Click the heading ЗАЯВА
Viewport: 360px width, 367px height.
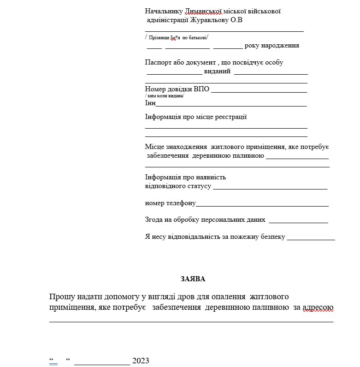coord(193,278)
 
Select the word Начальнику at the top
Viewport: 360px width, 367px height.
coord(164,11)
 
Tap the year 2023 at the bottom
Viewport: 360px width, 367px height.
coord(141,361)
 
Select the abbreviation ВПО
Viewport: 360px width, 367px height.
coord(201,89)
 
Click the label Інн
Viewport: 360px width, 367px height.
coord(150,103)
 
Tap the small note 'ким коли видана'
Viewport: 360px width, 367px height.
coord(165,95)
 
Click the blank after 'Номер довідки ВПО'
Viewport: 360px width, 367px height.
coord(259,90)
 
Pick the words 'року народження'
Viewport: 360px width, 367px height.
coord(272,46)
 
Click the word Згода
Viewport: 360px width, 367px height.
coord(154,219)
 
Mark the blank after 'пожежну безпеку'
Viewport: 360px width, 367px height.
coord(311,238)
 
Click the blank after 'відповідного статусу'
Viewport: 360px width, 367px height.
coord(270,187)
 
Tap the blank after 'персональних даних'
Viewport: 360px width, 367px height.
coord(298,221)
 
